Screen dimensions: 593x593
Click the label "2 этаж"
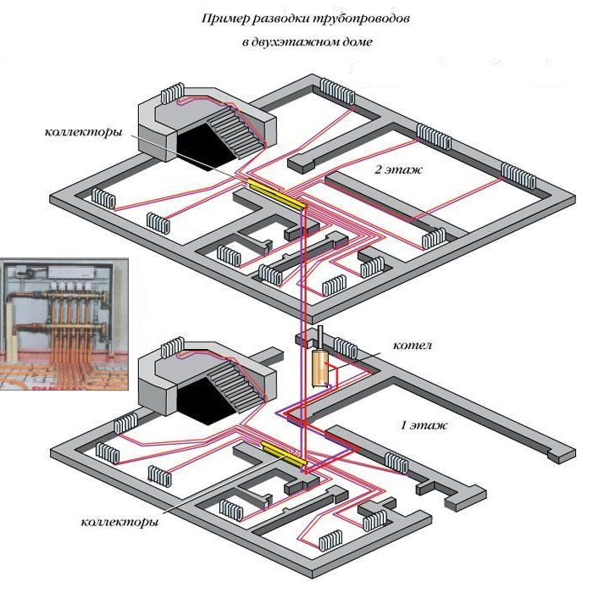pos(398,169)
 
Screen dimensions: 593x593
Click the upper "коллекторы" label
pos(82,133)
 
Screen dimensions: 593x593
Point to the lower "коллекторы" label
pos(119,522)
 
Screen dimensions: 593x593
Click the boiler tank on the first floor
pos(319,369)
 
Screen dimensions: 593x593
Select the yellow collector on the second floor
pos(276,194)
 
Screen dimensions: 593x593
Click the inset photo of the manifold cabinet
pos(64,323)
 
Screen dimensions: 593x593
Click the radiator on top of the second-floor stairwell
pos(174,91)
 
